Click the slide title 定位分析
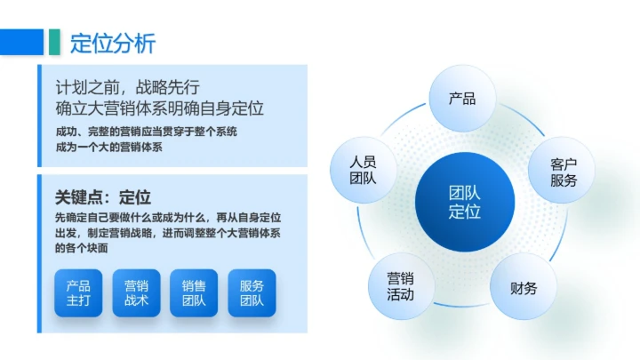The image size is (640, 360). [x=113, y=42]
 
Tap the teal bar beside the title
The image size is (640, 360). [x=55, y=42]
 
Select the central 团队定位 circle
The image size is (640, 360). [x=463, y=203]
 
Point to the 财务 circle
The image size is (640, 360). [x=524, y=288]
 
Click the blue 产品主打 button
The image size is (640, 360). [x=78, y=293]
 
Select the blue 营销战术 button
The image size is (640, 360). [x=136, y=293]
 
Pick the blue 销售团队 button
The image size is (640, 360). [x=194, y=293]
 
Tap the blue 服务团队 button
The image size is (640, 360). [x=252, y=293]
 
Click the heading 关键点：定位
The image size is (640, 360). [x=102, y=197]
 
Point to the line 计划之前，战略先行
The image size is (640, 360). [x=126, y=87]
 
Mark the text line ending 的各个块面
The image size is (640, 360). [x=81, y=248]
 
